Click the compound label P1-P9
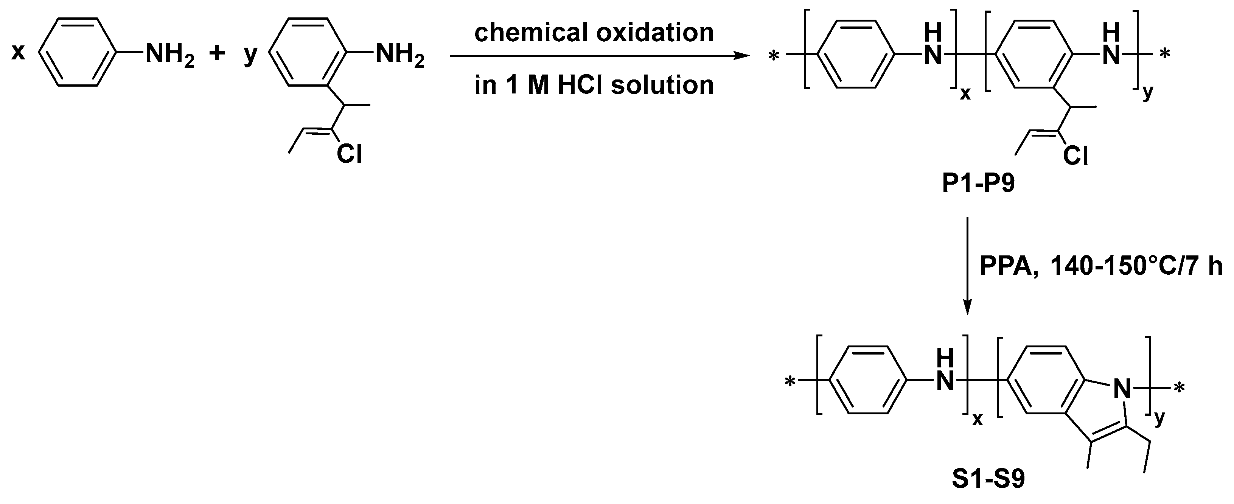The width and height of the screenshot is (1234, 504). [978, 183]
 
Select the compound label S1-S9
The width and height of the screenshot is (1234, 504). [988, 479]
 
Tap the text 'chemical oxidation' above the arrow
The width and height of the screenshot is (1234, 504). [594, 33]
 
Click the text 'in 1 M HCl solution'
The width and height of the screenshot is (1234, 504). [594, 85]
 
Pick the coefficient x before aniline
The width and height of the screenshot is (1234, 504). [18, 52]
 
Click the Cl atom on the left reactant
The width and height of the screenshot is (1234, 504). [349, 154]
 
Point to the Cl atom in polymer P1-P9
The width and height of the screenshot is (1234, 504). [1075, 156]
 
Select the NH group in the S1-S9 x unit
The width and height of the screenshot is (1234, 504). [944, 375]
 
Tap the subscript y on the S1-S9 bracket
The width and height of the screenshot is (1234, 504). [1159, 418]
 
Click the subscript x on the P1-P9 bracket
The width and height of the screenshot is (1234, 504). [965, 94]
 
